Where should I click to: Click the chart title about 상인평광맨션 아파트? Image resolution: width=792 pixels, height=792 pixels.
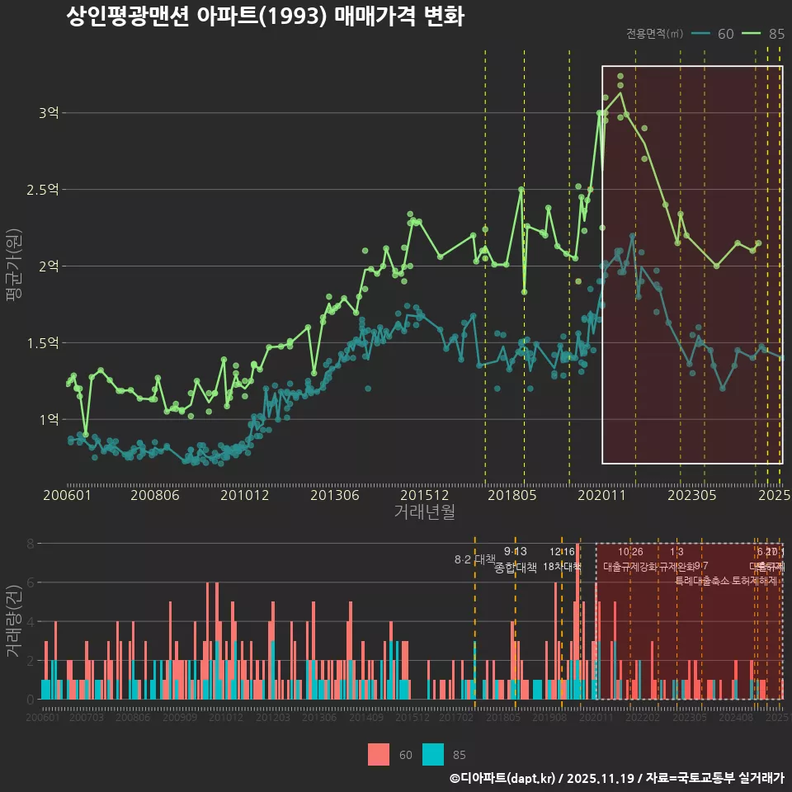tap(265, 18)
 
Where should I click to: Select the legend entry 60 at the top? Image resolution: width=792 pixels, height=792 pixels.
tap(725, 34)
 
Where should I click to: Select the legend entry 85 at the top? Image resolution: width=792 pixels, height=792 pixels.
tap(775, 34)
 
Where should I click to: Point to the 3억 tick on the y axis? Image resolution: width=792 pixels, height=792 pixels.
tap(48, 113)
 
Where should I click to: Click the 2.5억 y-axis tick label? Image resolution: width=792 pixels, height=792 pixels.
tap(42, 190)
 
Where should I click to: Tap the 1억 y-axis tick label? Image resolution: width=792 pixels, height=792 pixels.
tap(48, 419)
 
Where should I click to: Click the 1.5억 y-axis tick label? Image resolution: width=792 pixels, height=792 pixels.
tap(42, 342)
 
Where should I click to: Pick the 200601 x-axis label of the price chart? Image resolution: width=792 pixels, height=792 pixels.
tap(67, 496)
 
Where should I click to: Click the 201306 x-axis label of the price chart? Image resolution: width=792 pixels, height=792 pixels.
tap(334, 496)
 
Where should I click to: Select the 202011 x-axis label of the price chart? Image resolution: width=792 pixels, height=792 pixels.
tap(602, 496)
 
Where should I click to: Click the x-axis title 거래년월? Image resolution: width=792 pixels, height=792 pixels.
tap(424, 512)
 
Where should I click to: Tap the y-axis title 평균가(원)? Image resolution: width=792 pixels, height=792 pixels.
tap(13, 266)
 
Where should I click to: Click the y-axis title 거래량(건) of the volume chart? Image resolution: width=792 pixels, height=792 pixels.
tap(13, 621)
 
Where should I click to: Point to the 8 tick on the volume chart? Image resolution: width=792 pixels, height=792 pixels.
tap(31, 544)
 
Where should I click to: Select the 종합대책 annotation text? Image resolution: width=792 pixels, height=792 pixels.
tap(516, 568)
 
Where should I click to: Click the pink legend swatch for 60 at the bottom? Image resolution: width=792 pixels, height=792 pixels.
tap(379, 754)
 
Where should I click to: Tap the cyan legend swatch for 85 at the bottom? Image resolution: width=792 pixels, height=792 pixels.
tap(433, 754)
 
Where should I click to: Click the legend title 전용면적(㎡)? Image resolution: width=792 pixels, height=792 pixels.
tap(654, 34)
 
